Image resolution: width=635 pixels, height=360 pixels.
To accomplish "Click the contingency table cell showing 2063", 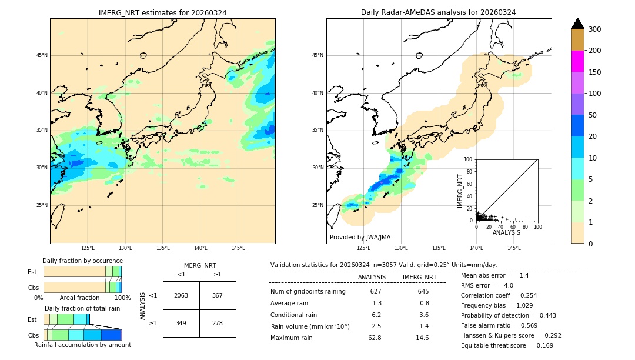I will [x=181, y=295].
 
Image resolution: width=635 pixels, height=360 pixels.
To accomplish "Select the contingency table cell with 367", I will [x=218, y=295].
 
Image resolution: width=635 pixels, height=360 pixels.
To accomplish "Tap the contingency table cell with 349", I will [x=181, y=324].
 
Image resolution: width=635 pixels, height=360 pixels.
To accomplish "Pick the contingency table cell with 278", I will [x=218, y=324].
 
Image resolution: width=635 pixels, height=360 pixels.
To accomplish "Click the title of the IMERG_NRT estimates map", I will [x=162, y=12].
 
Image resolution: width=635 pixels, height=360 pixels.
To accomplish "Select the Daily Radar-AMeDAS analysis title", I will [x=439, y=12].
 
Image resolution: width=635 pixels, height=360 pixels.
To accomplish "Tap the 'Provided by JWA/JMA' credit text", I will [x=360, y=237].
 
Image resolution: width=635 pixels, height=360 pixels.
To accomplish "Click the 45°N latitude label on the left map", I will [x=42, y=55].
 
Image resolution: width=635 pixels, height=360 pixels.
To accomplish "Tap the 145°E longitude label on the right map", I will [x=514, y=248].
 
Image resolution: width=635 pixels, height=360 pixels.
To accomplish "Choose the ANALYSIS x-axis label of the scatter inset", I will [x=506, y=232].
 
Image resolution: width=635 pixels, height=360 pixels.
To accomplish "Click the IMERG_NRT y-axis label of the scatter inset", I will [x=460, y=190].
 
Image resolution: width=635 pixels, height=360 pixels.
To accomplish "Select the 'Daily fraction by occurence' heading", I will [x=82, y=261].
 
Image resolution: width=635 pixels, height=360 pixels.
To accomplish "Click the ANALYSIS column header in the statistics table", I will [x=372, y=277].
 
